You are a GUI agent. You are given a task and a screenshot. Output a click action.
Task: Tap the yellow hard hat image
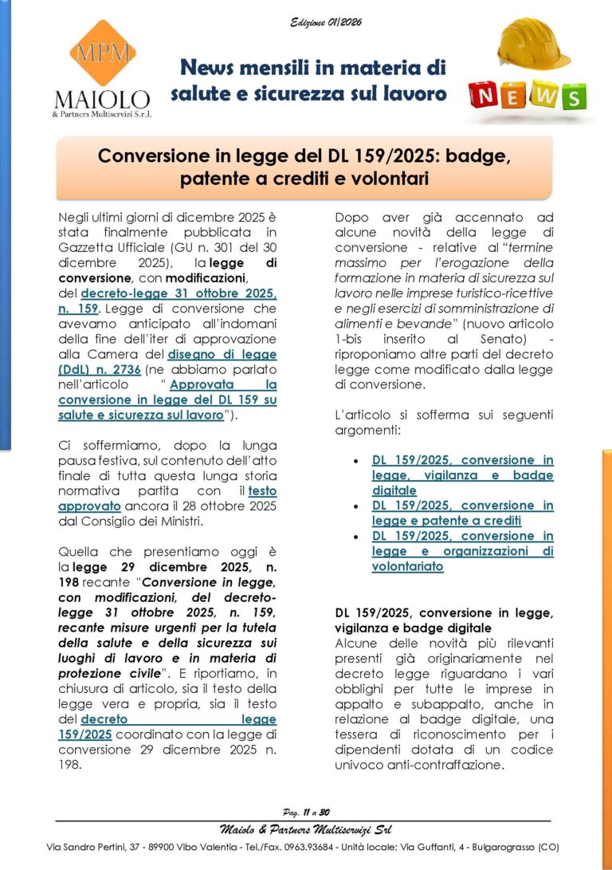[532, 44]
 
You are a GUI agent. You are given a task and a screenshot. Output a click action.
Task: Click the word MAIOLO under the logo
[101, 99]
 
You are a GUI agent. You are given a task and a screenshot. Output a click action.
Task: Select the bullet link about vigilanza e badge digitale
[462, 475]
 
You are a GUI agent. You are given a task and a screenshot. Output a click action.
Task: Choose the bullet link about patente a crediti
[462, 513]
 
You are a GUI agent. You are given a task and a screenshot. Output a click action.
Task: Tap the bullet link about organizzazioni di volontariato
[462, 551]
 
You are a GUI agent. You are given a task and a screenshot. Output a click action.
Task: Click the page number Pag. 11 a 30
[306, 812]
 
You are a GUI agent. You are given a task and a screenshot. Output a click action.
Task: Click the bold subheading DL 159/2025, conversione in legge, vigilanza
[444, 620]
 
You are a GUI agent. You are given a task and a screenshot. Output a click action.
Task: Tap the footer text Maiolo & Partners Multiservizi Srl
[306, 829]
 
